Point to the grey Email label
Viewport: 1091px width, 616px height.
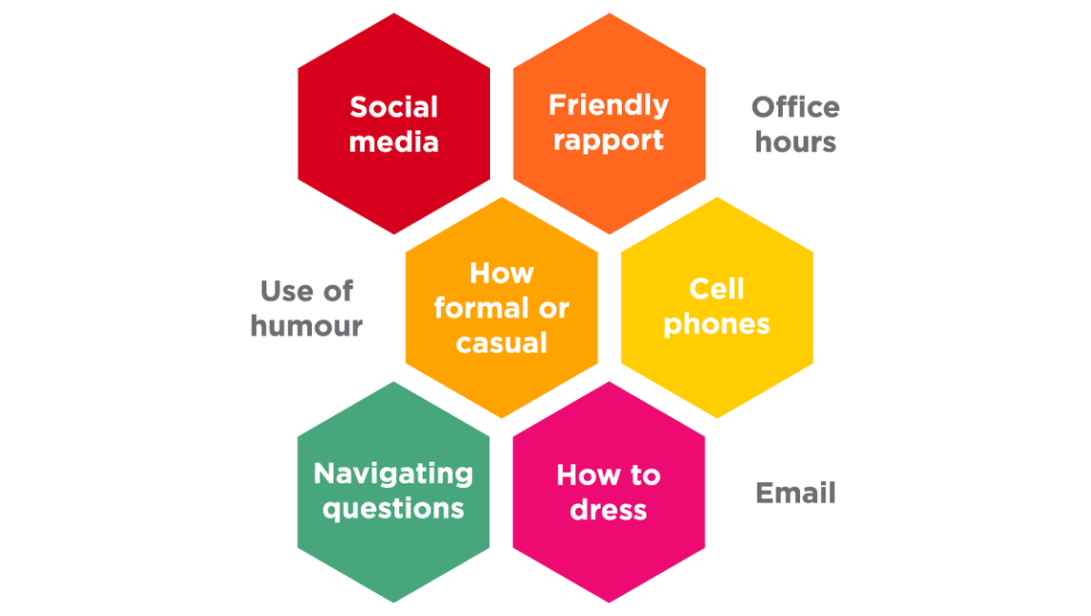tap(795, 494)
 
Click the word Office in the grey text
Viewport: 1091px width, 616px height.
tap(795, 107)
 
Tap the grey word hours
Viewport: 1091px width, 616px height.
tap(795, 143)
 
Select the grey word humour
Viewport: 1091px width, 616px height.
tap(306, 326)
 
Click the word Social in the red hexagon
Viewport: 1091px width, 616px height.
tap(393, 107)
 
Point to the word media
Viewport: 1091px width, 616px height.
tap(393, 143)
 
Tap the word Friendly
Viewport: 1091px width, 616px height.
tap(609, 105)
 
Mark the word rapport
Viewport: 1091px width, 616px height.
tap(609, 142)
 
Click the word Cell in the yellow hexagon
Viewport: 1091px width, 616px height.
tap(717, 289)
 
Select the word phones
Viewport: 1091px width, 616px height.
tap(717, 324)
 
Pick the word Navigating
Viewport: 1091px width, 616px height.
tap(393, 473)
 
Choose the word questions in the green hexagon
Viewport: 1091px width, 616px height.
tap(393, 508)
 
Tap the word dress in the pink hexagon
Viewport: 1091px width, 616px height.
tap(609, 510)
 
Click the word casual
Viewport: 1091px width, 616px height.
tap(501, 343)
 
